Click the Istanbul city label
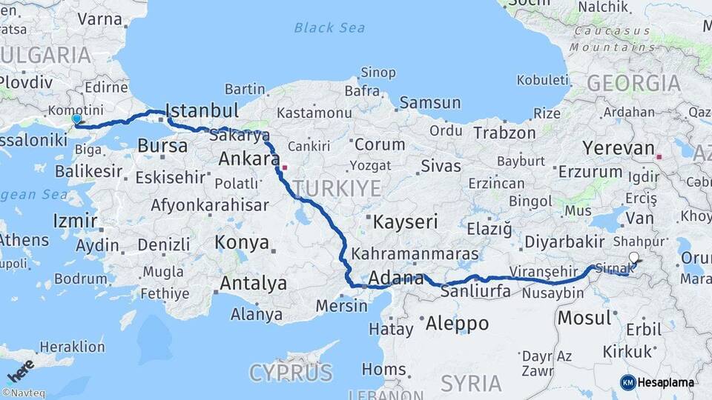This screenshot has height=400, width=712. pyautogui.click(x=202, y=111)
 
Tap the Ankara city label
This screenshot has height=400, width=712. pyautogui.click(x=248, y=159)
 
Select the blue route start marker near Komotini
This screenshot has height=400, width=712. pyautogui.click(x=76, y=119)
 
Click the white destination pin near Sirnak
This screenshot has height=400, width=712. pyautogui.click(x=633, y=258)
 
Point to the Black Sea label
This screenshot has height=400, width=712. pyautogui.click(x=329, y=28)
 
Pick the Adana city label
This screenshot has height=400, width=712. pyautogui.click(x=396, y=279)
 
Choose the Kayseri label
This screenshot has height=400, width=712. pyautogui.click(x=405, y=221)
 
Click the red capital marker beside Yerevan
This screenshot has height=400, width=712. pyautogui.click(x=659, y=157)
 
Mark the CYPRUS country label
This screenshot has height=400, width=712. pyautogui.click(x=290, y=372)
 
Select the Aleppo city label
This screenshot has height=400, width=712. pyautogui.click(x=457, y=324)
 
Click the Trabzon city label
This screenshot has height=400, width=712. pyautogui.click(x=504, y=133)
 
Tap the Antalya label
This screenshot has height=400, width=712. pyautogui.click(x=253, y=283)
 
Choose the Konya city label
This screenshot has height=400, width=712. pyautogui.click(x=242, y=242)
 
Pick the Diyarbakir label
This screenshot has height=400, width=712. pyautogui.click(x=564, y=241)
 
